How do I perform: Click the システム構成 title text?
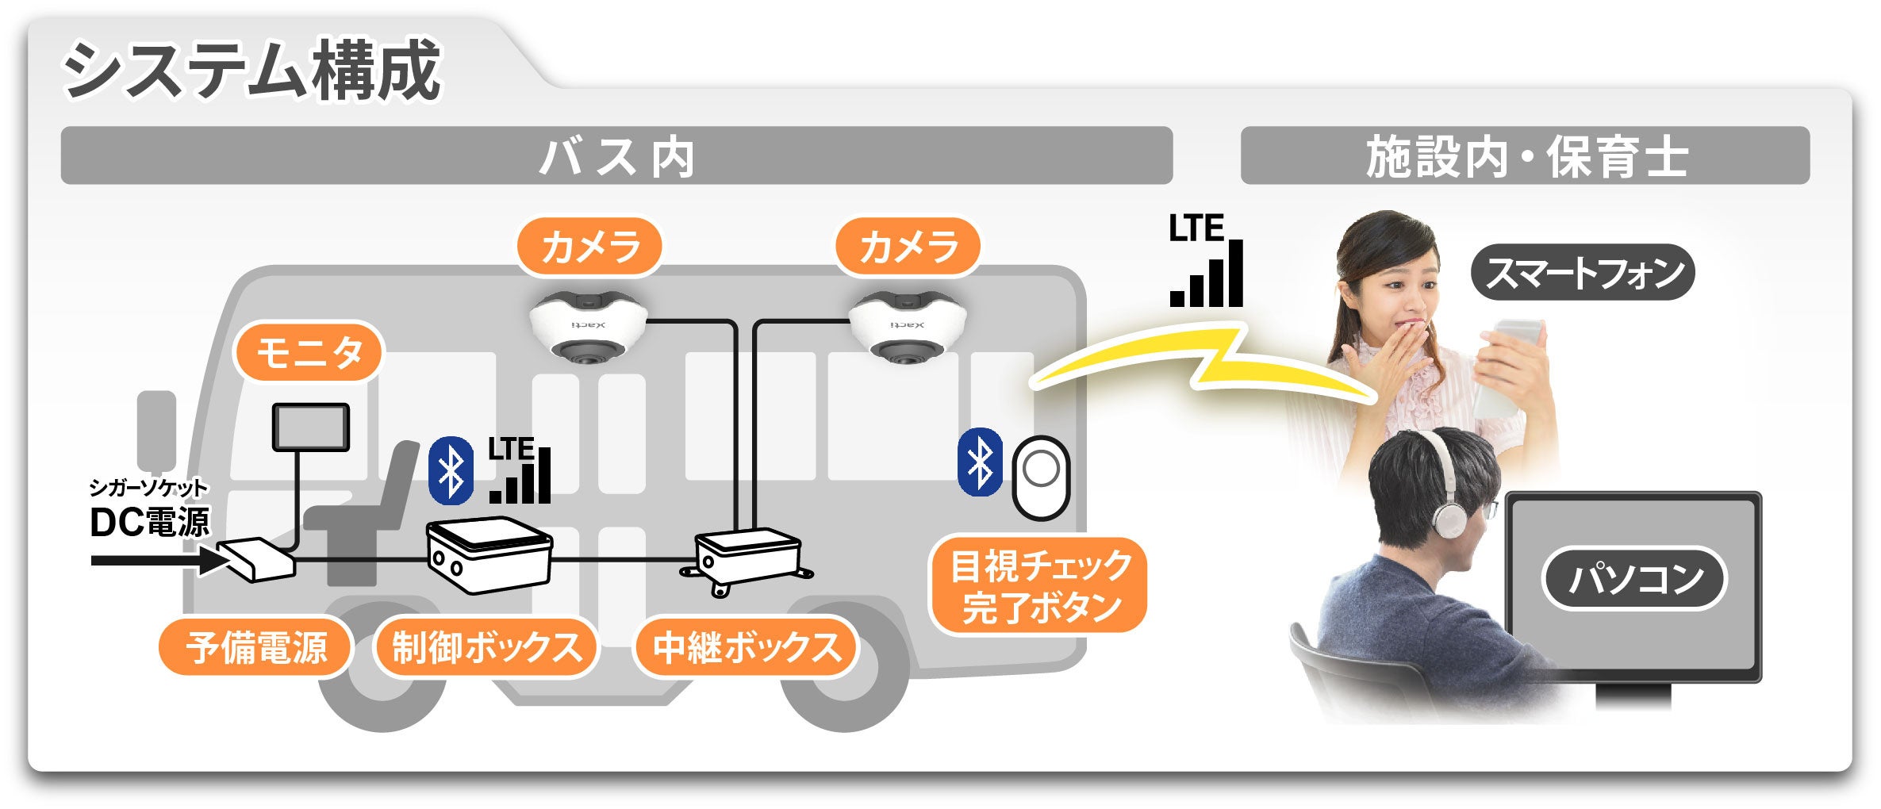pyautogui.click(x=251, y=71)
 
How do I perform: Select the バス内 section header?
pyautogui.click(x=616, y=156)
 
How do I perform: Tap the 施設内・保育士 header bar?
pyautogui.click(x=1525, y=156)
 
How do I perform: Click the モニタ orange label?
pyautogui.click(x=309, y=352)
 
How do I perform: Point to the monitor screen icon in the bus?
pyautogui.click(x=311, y=428)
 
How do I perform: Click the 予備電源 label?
pyautogui.click(x=255, y=647)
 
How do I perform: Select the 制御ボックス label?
pyautogui.click(x=486, y=647)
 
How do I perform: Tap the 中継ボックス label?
pyautogui.click(x=747, y=647)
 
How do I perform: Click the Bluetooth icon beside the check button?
pyautogui.click(x=981, y=462)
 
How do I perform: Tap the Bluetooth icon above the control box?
pyautogui.click(x=451, y=471)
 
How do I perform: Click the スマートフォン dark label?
pyautogui.click(x=1583, y=273)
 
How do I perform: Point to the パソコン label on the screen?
pyautogui.click(x=1634, y=578)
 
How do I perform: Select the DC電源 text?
pyautogui.click(x=149, y=523)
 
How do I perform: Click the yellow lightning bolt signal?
pyautogui.click(x=1206, y=362)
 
